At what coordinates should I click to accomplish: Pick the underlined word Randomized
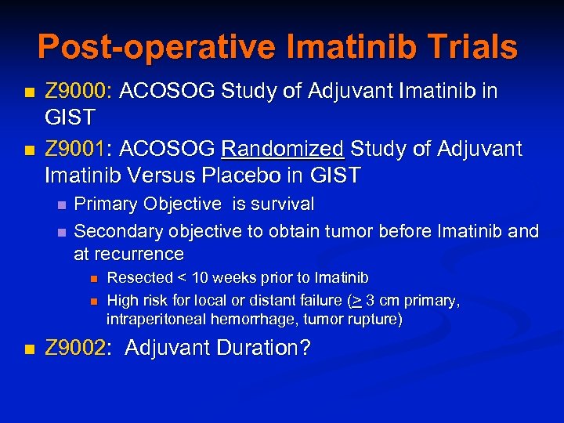pos(283,148)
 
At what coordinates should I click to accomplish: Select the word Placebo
pos(250,175)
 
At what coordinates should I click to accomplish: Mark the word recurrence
pos(139,254)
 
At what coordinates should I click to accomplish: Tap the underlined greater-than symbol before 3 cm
pos(356,301)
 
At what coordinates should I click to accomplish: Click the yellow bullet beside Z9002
pos(29,349)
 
